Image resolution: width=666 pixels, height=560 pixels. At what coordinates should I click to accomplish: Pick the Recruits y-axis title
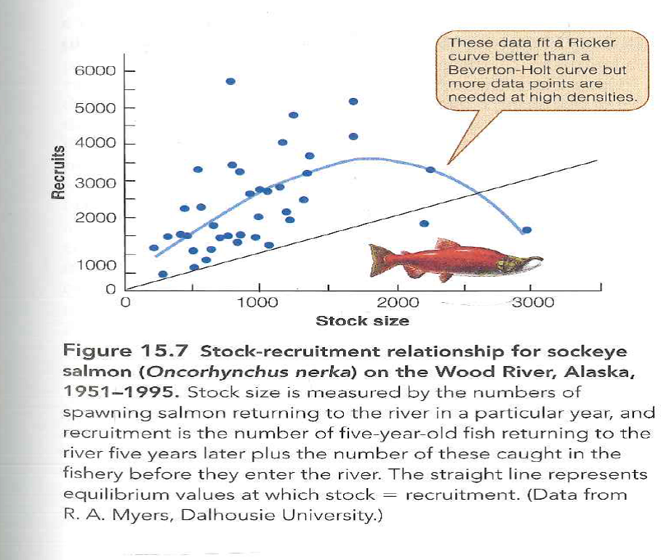click(57, 171)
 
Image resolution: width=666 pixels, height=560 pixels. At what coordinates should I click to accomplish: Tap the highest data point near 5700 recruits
click(230, 81)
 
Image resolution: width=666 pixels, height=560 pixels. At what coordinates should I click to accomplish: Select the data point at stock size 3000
click(526, 230)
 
